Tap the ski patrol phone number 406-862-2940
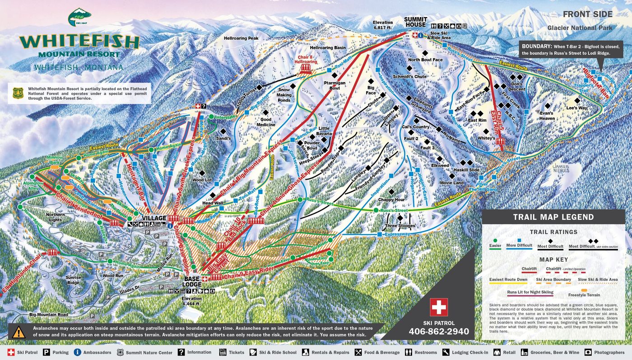(439, 332)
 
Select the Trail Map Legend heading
(553, 217)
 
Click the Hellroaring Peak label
(241, 38)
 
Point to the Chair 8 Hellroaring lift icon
(306, 67)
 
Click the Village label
(154, 218)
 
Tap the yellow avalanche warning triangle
(19, 332)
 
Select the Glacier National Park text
(580, 28)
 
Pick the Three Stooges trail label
(400, 226)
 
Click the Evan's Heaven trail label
(547, 115)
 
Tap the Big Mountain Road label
(48, 314)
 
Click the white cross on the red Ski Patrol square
(438, 308)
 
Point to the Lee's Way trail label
(576, 108)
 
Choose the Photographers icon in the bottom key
(588, 352)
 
